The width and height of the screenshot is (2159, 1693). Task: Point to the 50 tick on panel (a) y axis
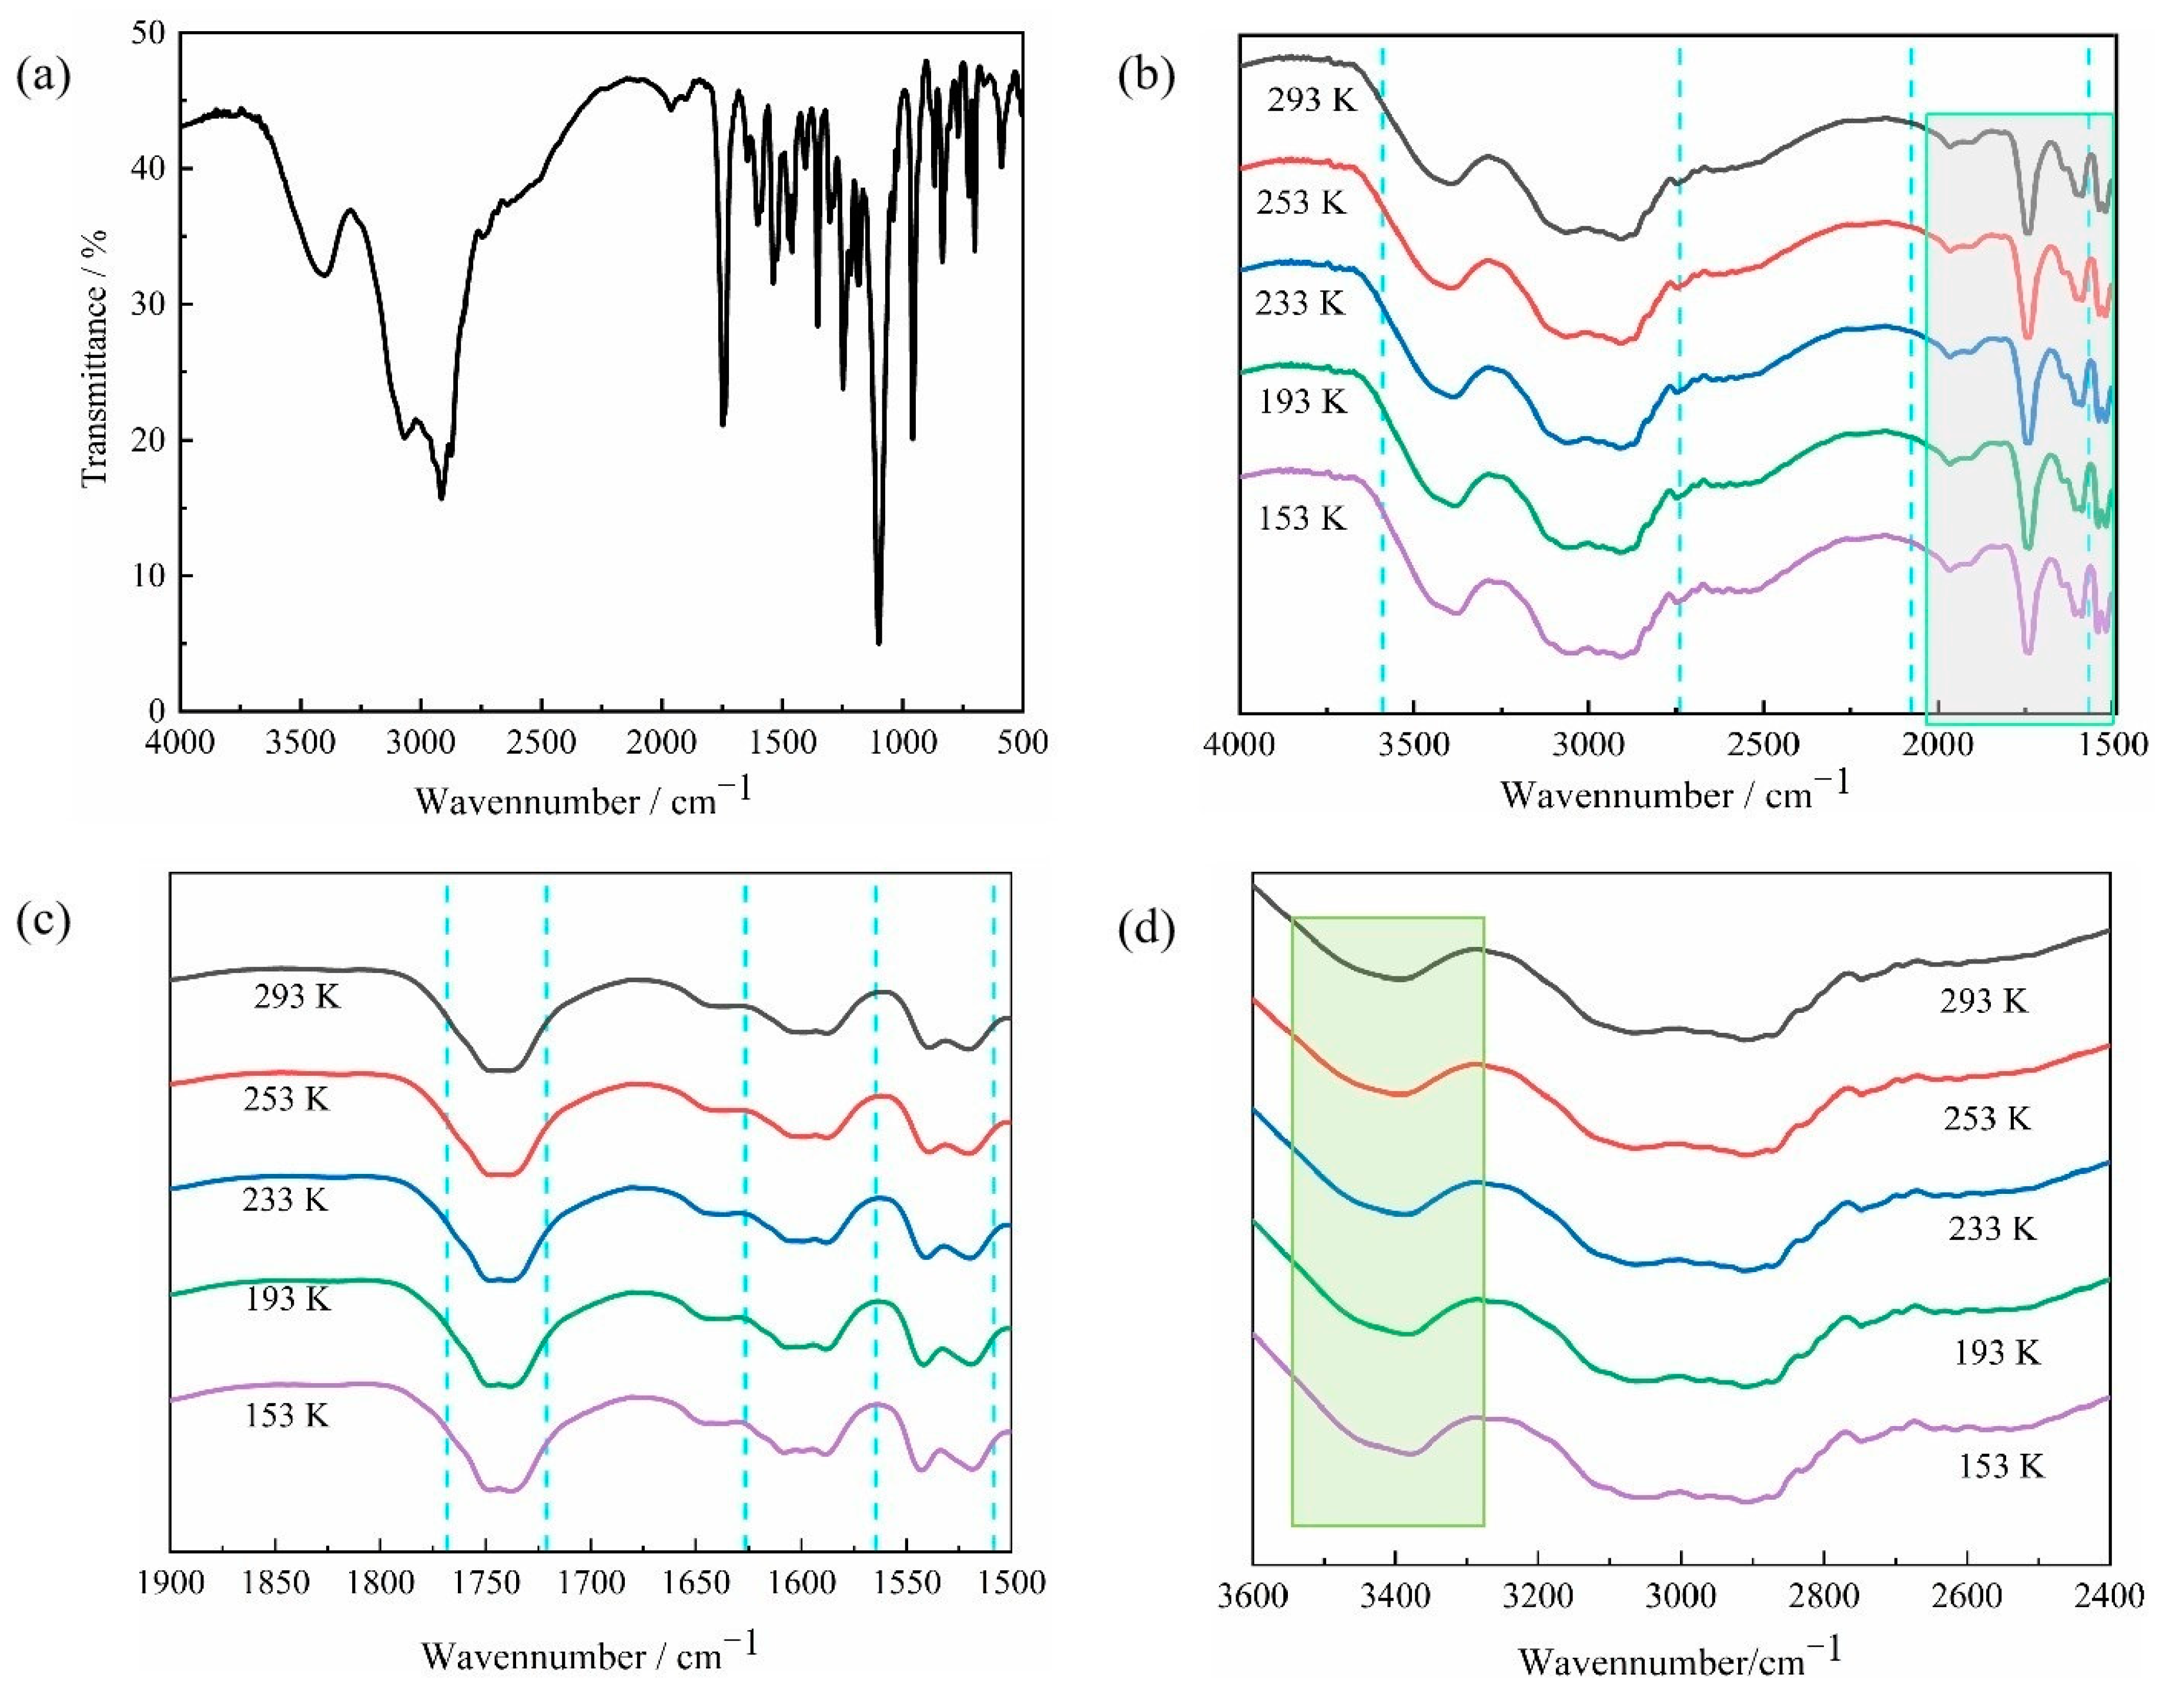pyautogui.click(x=149, y=34)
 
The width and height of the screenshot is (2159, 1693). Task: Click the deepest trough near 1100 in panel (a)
pyautogui.click(x=878, y=643)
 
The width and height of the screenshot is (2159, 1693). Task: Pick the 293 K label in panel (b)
pyautogui.click(x=1311, y=100)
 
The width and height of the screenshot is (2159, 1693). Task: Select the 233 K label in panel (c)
pyautogui.click(x=284, y=1200)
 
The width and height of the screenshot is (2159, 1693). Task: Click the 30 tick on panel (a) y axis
pyautogui.click(x=149, y=305)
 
